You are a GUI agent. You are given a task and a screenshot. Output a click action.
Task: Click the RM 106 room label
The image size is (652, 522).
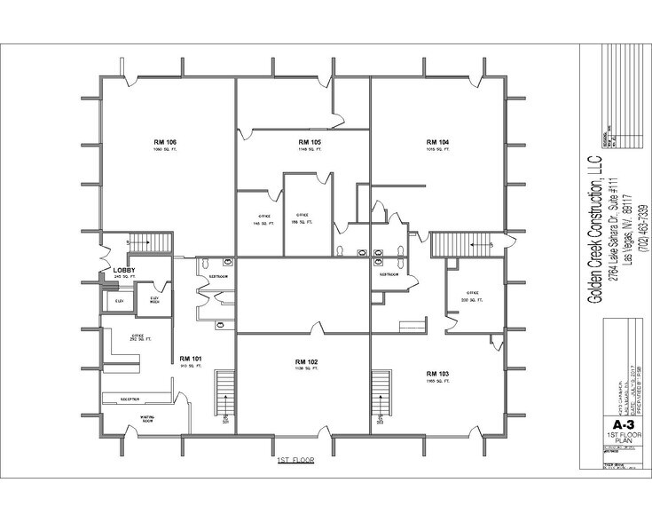(165, 142)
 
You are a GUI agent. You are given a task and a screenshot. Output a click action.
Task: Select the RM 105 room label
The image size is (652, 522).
(310, 142)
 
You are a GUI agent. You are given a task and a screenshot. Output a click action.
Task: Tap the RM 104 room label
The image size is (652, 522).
(437, 142)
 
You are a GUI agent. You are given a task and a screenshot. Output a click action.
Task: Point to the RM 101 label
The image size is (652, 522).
(191, 359)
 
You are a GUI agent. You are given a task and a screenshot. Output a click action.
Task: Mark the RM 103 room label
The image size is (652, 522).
(437, 372)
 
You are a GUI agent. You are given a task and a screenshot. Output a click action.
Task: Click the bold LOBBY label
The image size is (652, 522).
(123, 270)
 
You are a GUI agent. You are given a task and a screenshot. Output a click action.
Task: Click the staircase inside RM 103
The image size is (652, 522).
(381, 396)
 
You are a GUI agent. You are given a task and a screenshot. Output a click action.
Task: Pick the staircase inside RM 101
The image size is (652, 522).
(225, 396)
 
